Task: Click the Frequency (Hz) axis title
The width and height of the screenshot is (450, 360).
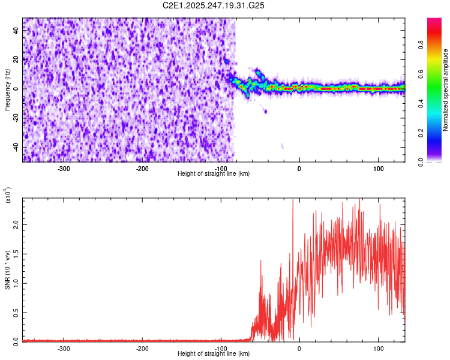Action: [7, 89]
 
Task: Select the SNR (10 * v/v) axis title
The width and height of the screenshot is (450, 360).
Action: [7, 270]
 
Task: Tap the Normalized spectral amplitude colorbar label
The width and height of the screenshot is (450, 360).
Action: [445, 90]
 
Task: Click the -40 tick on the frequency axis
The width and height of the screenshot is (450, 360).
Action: [16, 148]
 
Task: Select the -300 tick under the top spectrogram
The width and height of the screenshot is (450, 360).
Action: [64, 169]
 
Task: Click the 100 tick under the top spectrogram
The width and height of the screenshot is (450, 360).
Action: [378, 169]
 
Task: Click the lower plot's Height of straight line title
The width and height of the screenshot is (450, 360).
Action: [214, 354]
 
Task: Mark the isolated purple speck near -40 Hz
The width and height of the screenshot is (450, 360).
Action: [282, 146]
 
